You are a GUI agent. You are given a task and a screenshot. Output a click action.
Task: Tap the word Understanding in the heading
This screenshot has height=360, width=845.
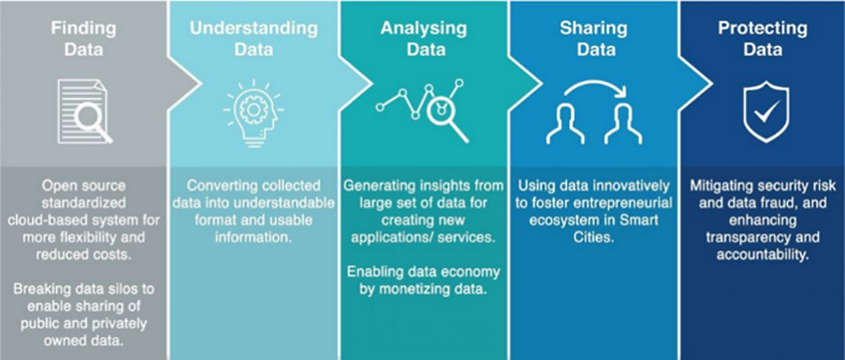pyautogui.click(x=254, y=28)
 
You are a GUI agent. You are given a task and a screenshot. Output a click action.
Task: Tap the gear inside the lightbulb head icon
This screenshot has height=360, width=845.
pyautogui.click(x=254, y=110)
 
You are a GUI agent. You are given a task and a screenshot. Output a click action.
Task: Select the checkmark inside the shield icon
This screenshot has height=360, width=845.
pyautogui.click(x=767, y=112)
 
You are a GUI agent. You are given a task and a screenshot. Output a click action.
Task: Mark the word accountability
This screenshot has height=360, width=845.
pyautogui.click(x=763, y=255)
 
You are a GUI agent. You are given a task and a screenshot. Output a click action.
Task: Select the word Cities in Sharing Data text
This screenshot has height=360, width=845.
pyautogui.click(x=594, y=237)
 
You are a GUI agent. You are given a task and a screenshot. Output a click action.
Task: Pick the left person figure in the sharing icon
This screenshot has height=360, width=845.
pyautogui.click(x=566, y=124)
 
